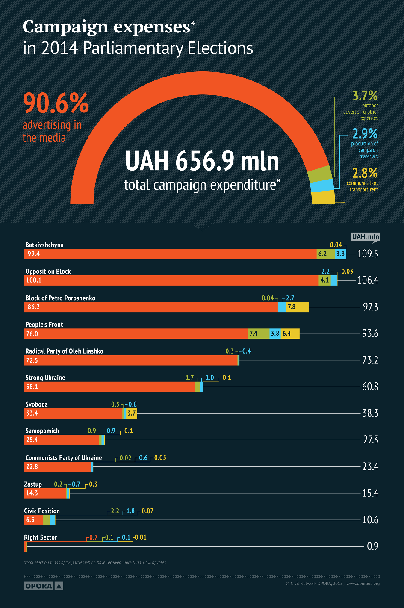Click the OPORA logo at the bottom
coord(43,586)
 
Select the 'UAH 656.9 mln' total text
coord(202,161)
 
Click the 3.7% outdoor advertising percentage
coord(365,95)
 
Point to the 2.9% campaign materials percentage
coord(365,133)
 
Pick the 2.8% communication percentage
coord(365,173)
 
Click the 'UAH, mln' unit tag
coord(365,236)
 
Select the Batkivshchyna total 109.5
coord(368,254)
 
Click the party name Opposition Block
coord(48,272)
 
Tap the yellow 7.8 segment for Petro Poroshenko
coord(297,307)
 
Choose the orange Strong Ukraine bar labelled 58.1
coord(109,387)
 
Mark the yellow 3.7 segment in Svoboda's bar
coord(132,413)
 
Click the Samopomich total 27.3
coord(370,440)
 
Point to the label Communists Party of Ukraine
coord(64,458)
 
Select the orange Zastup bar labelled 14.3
coord(45,493)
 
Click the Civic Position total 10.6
coord(370,519)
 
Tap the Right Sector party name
coord(41,537)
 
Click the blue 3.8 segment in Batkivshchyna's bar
coord(340,254)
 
